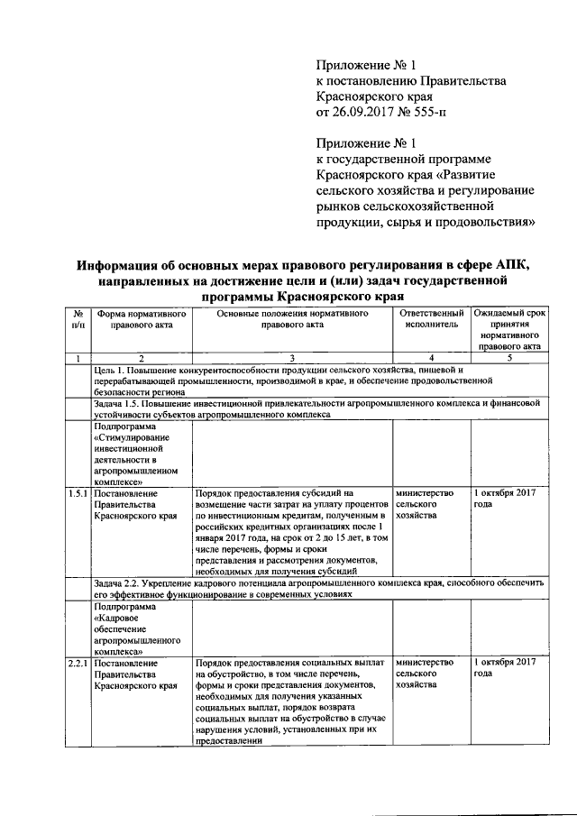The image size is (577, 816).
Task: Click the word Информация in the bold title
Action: coord(129,265)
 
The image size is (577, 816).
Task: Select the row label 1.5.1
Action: coord(78,494)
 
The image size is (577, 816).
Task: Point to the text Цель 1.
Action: coord(112,371)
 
